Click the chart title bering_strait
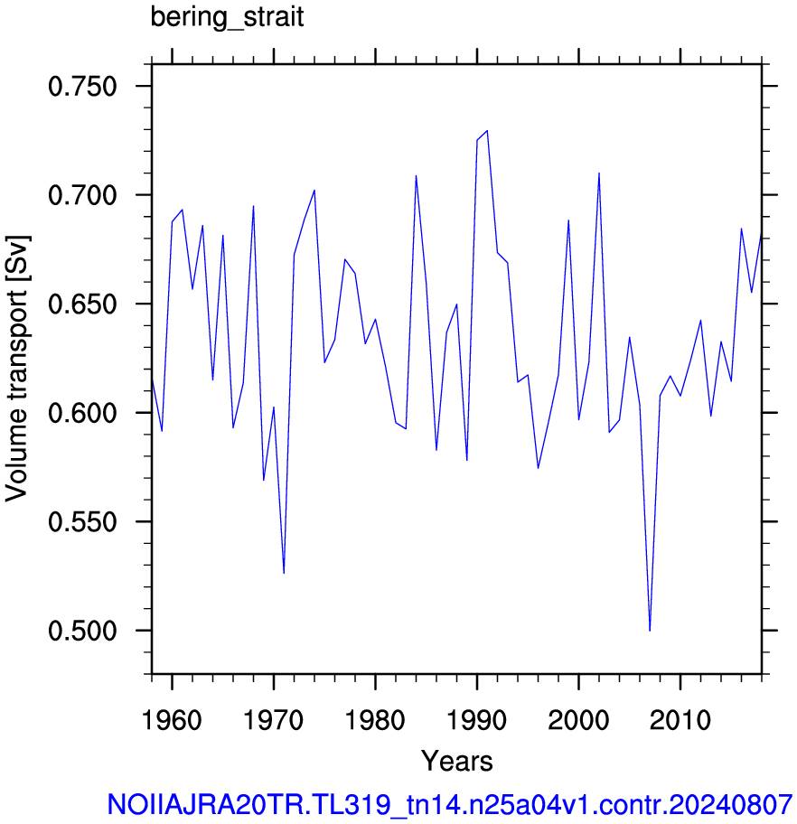tap(227, 18)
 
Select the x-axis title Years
tap(457, 761)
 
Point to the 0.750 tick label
tap(82, 86)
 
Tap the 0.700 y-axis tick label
tap(82, 195)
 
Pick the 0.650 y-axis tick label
tap(82, 304)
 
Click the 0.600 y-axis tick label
tap(82, 413)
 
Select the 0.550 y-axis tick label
tap(82, 521)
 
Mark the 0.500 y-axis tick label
tap(82, 631)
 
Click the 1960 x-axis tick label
tap(172, 719)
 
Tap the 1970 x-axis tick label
tap(274, 719)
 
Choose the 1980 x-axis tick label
tap(375, 719)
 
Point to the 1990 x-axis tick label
tap(477, 719)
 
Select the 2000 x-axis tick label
tap(578, 719)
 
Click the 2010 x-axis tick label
tap(680, 719)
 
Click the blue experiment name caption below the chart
tap(449, 804)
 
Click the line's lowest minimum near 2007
tap(650, 631)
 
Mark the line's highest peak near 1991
tap(487, 130)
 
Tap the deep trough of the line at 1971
tap(284, 574)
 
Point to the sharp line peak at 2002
tap(599, 173)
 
